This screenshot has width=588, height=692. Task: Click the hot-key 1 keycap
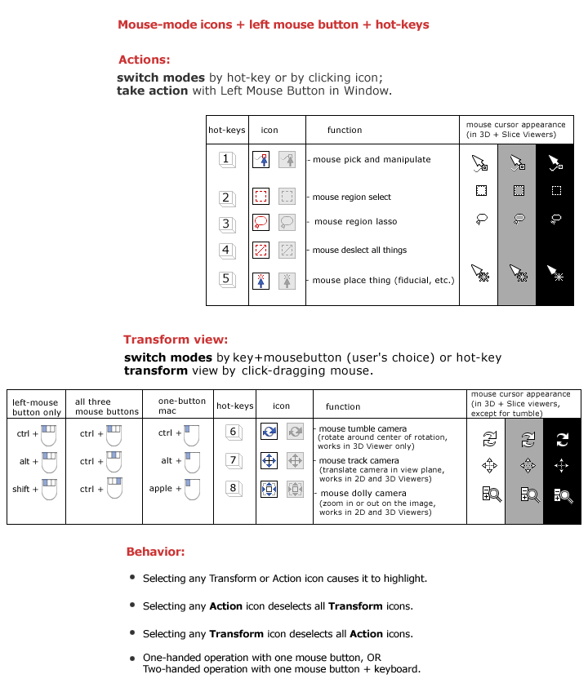228,160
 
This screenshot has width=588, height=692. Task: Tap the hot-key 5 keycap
228,280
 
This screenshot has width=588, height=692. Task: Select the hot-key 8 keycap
234,490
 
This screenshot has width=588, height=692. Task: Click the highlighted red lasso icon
261,222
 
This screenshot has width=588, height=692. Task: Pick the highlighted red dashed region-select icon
261,196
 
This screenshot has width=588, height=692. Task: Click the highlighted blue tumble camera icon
269,432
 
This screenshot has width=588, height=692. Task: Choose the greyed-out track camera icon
296,461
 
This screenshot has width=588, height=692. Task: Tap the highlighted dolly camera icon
269,490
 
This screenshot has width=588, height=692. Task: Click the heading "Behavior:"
155,552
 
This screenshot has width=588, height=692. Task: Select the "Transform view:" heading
176,339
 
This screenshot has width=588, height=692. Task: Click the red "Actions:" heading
145,60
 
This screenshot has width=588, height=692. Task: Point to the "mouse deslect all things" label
359,251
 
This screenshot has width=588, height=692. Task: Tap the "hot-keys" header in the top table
227,130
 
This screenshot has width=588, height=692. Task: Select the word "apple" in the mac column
161,489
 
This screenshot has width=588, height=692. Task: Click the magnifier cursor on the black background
561,494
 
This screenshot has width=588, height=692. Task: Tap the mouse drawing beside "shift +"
49,490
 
